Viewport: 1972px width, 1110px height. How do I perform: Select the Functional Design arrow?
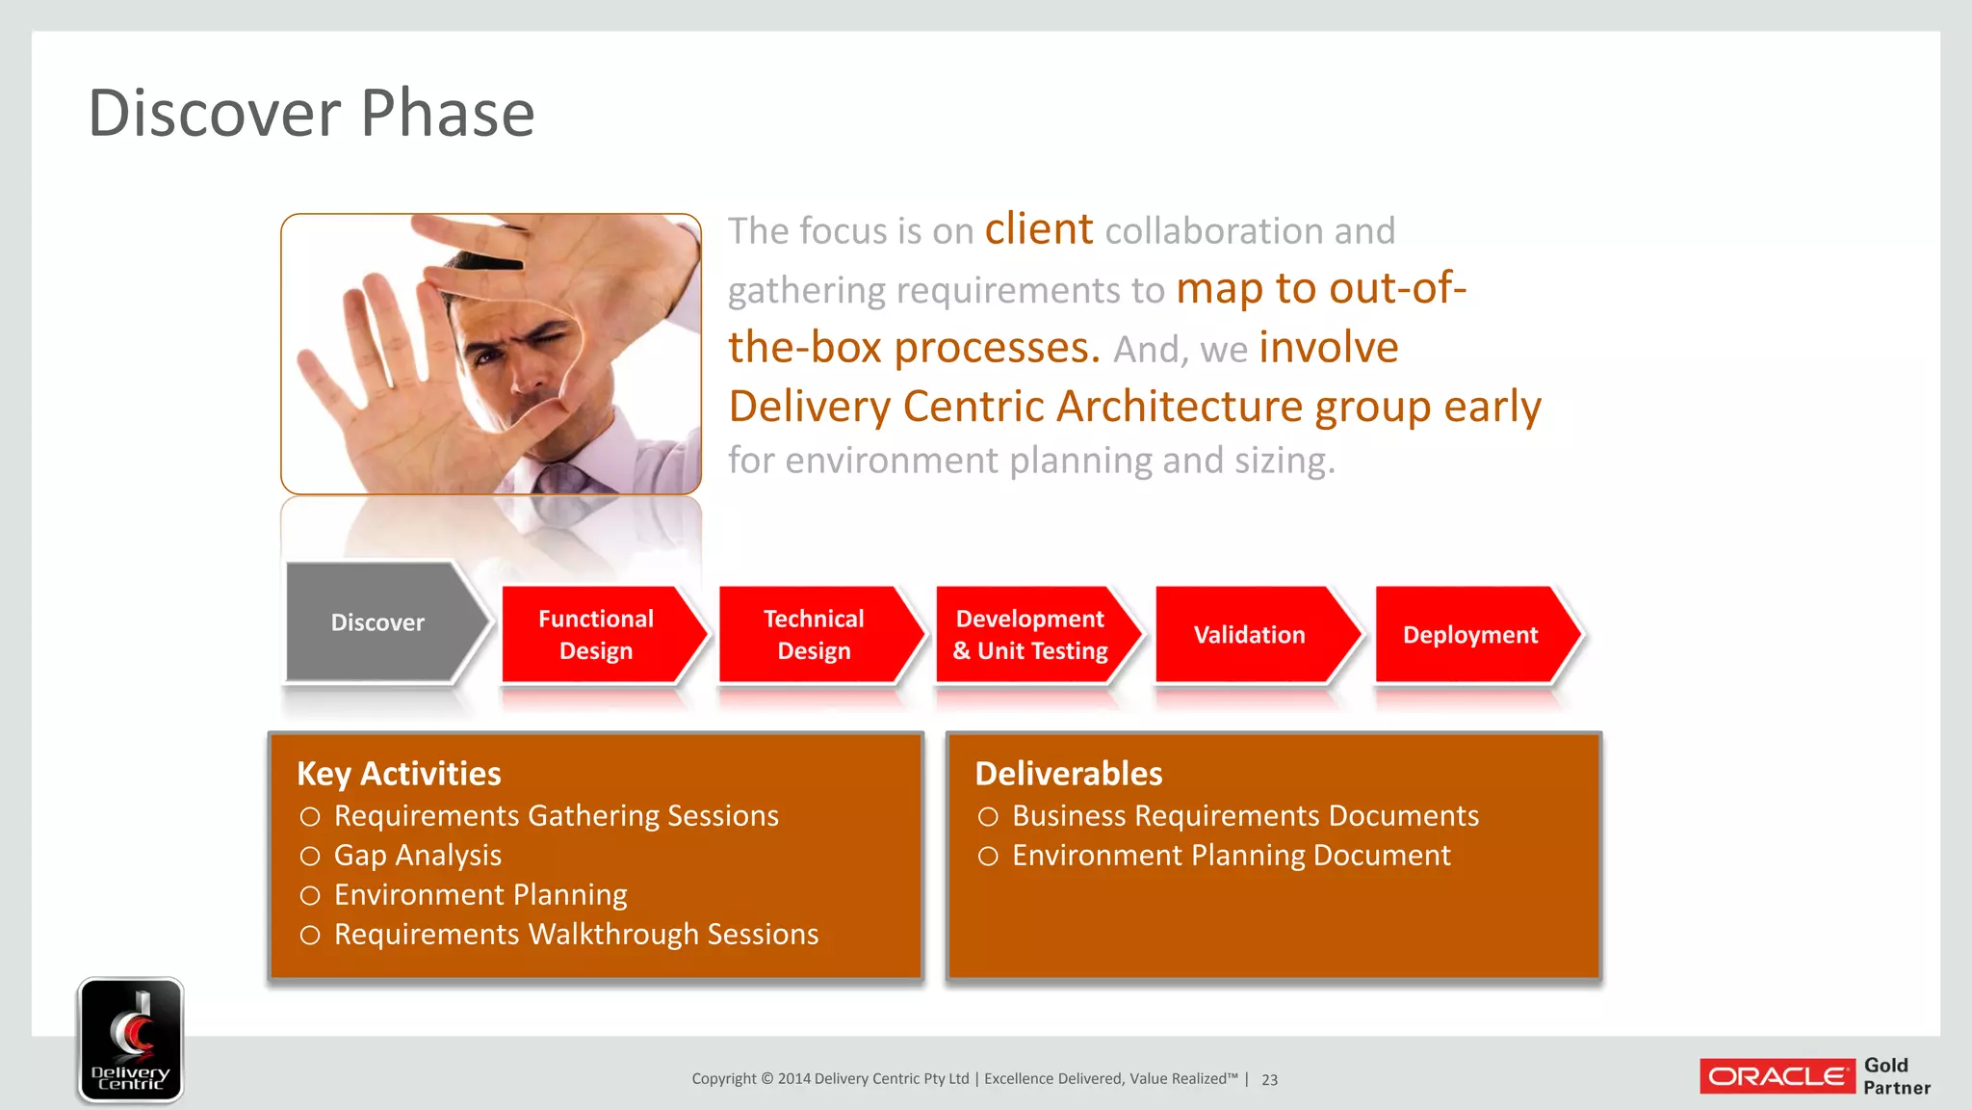coord(596,635)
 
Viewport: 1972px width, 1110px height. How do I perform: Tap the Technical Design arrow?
coord(814,635)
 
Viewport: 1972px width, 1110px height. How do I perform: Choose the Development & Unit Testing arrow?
coord(1030,635)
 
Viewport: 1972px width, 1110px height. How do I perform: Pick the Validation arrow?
coord(1249,635)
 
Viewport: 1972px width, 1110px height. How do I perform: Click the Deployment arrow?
coord(1469,635)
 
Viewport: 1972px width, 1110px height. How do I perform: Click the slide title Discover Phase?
coord(311,114)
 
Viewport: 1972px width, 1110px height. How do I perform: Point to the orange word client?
coord(1038,229)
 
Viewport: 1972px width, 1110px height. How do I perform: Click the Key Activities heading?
coord(399,774)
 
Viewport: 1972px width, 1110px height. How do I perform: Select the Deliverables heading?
coord(1069,774)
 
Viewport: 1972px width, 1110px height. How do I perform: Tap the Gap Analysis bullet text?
coord(417,856)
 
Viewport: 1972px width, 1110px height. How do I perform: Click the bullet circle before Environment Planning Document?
coord(988,857)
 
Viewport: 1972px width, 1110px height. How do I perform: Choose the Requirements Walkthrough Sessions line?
coord(576,935)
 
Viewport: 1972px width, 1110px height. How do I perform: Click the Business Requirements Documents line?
coord(1245,816)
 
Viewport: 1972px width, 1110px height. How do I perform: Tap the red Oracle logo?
coord(1777,1076)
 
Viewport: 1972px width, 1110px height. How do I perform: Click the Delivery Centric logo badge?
coord(131,1040)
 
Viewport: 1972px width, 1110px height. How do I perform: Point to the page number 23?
coord(1269,1080)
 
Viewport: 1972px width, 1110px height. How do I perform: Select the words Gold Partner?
coord(1895,1076)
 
